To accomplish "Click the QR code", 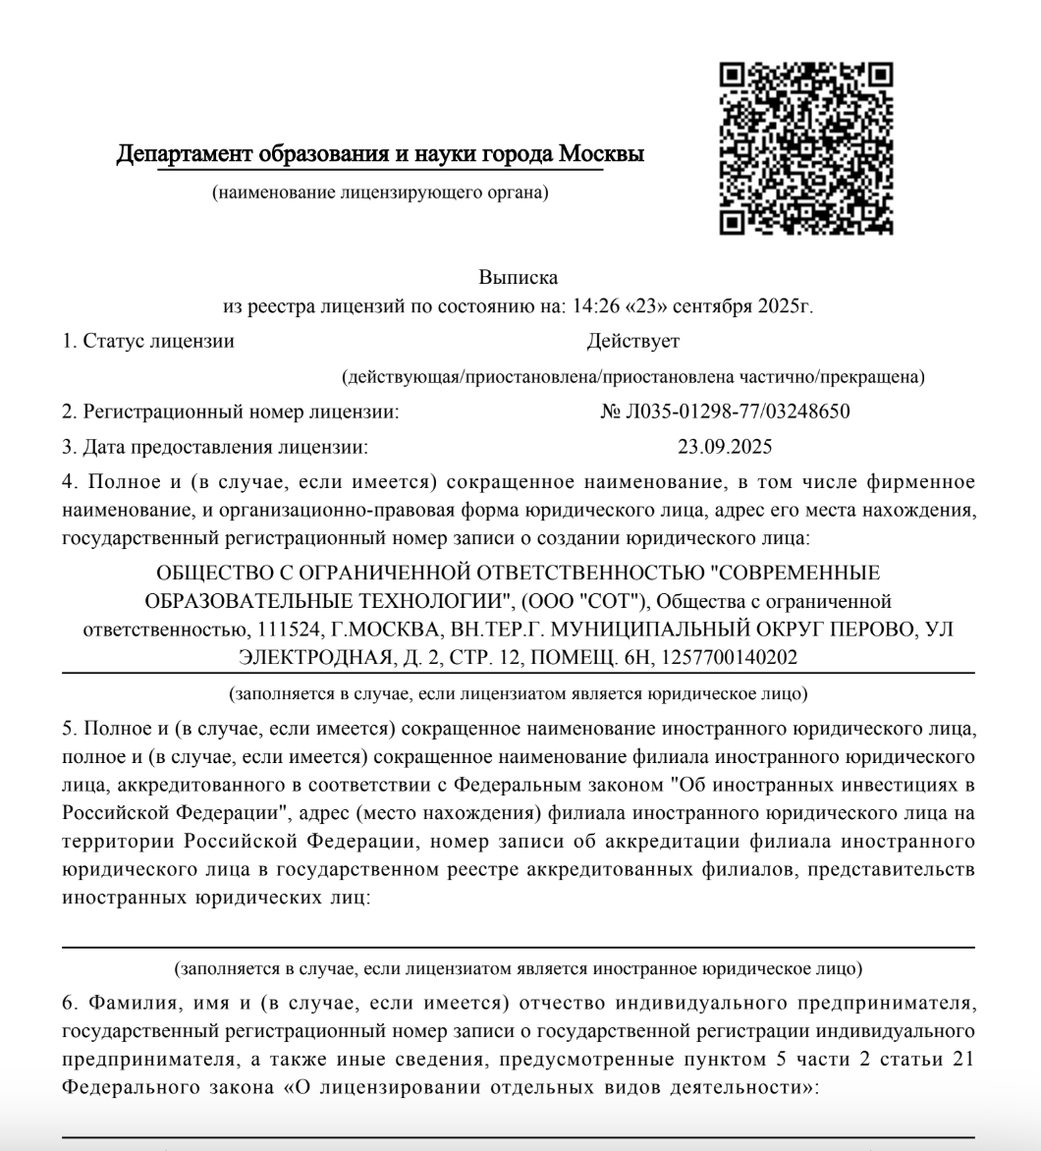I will [x=806, y=148].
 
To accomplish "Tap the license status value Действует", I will [x=632, y=341].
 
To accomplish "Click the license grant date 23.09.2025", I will [x=725, y=447].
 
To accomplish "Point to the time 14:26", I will [x=587, y=305].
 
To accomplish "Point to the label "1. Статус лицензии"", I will [x=148, y=341].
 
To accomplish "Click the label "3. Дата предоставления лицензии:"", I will [x=215, y=447].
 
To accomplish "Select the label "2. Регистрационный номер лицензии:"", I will [x=230, y=411].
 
